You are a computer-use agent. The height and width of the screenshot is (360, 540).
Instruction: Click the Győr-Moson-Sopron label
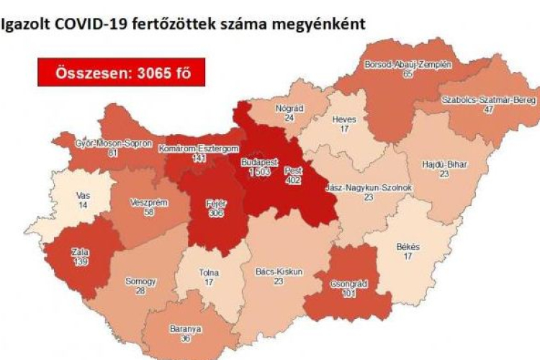(114, 143)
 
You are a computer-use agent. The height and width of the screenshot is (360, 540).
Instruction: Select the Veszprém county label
(150, 203)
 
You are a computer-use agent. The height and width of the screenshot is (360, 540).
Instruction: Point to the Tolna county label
(210, 274)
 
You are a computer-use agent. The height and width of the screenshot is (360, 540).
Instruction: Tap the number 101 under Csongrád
(348, 294)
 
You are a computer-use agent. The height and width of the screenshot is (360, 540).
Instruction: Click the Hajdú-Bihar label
(444, 164)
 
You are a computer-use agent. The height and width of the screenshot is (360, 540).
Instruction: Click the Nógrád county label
(289, 108)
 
